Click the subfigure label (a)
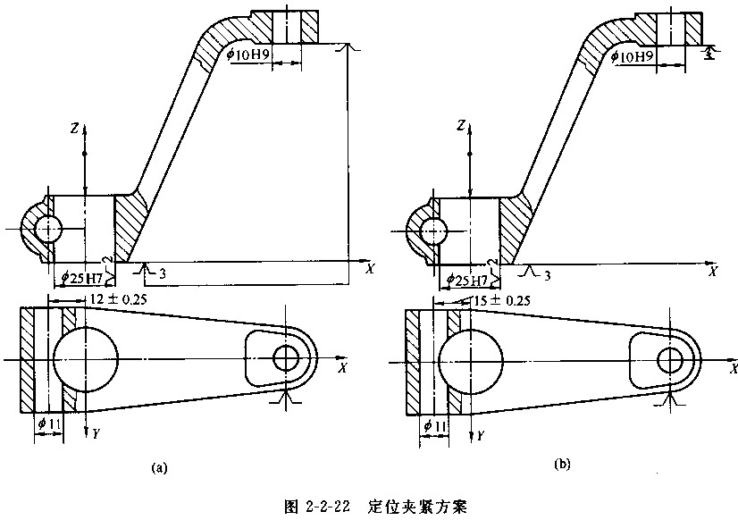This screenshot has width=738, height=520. click(160, 466)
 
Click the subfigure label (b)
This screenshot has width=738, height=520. click(561, 464)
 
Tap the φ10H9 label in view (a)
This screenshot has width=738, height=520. click(248, 55)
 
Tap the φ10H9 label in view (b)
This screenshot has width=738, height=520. click(637, 55)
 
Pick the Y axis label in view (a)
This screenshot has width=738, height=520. click(92, 432)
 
